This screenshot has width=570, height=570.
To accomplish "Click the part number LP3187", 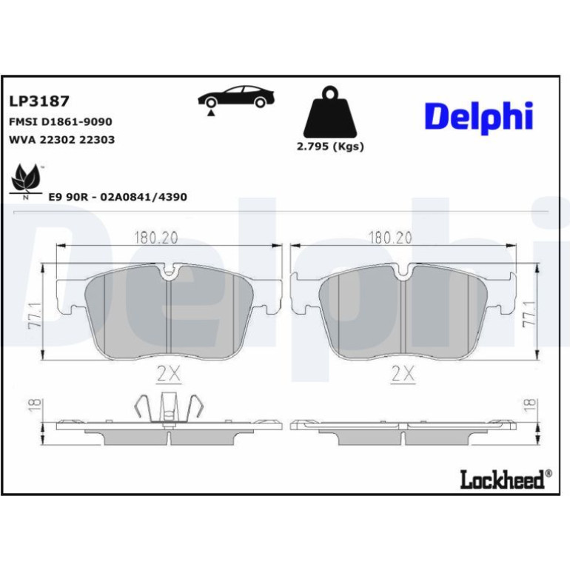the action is coord(39,101).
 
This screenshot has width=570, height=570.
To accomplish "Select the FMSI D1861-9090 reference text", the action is coord(61,121).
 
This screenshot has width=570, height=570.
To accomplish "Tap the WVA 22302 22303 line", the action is coord(61,140).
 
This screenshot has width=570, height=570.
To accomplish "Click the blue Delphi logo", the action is coord(479,118).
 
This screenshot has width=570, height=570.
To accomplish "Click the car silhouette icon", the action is coord(236,97).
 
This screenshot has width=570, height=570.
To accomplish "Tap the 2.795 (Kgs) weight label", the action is coord(330,147).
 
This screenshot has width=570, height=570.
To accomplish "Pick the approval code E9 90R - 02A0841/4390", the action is coord(118,197).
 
